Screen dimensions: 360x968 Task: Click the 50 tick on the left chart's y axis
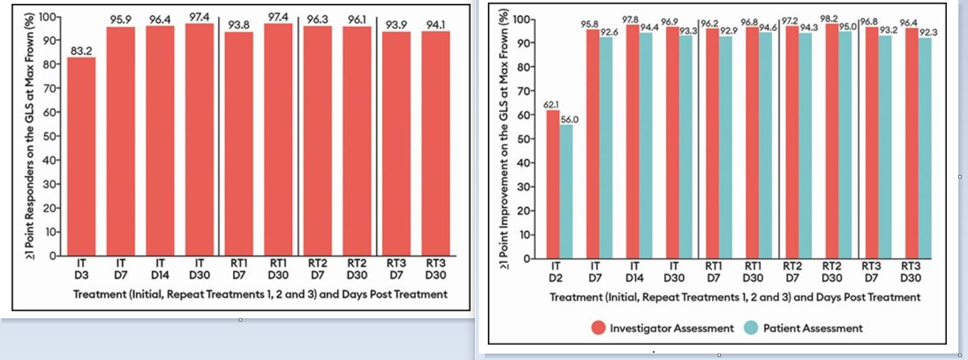[49, 136]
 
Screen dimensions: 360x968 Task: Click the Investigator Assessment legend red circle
[598, 328]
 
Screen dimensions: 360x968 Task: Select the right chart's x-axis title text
[735, 298]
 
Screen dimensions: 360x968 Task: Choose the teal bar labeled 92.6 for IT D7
[605, 148]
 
